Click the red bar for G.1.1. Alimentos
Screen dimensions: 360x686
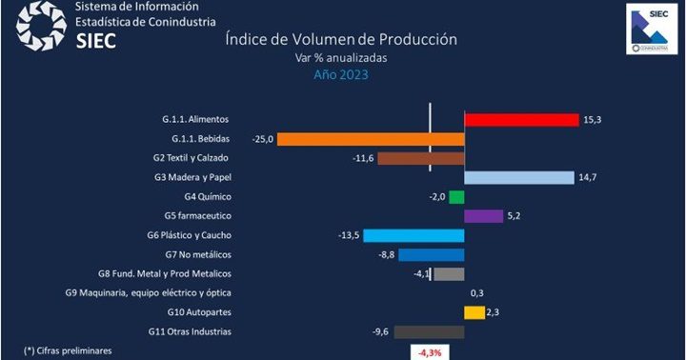(521, 120)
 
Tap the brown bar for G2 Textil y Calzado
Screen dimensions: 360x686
(420, 158)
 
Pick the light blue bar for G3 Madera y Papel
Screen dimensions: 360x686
(518, 177)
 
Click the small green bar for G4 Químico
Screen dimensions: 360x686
(456, 197)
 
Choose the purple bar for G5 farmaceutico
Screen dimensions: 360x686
(483, 216)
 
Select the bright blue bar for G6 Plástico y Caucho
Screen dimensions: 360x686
(414, 235)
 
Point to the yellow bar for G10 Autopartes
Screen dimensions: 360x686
(474, 312)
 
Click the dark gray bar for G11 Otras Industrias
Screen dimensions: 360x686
(429, 331)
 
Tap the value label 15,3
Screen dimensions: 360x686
(595, 120)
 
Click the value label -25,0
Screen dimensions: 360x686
(263, 139)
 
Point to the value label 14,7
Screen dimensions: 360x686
(590, 177)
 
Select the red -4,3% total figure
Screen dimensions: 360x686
(426, 351)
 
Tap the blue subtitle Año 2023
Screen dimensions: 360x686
(341, 75)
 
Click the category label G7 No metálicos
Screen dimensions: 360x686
(197, 254)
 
